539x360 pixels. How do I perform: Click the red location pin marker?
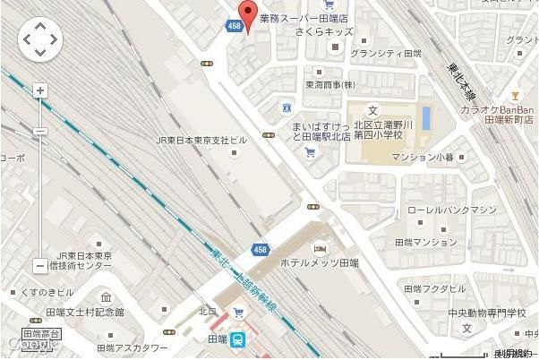pos(246,15)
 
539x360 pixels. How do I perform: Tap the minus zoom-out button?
pos(39,265)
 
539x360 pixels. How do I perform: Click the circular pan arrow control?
pos(39,39)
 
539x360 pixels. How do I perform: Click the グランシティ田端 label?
pos(385,54)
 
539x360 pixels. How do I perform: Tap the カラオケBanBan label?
pos(498,108)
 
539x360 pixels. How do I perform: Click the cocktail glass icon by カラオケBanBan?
pos(515,94)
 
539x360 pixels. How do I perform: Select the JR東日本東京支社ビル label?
pos(201,141)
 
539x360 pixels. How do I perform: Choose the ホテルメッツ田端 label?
pos(319,264)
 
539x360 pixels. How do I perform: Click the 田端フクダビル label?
pos(433,289)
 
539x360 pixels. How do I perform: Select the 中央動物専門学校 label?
pos(487,313)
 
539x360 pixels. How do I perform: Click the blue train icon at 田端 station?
pos(239,340)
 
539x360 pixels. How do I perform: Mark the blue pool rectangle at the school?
pos(425,117)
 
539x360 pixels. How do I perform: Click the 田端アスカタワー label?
pos(132,347)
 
